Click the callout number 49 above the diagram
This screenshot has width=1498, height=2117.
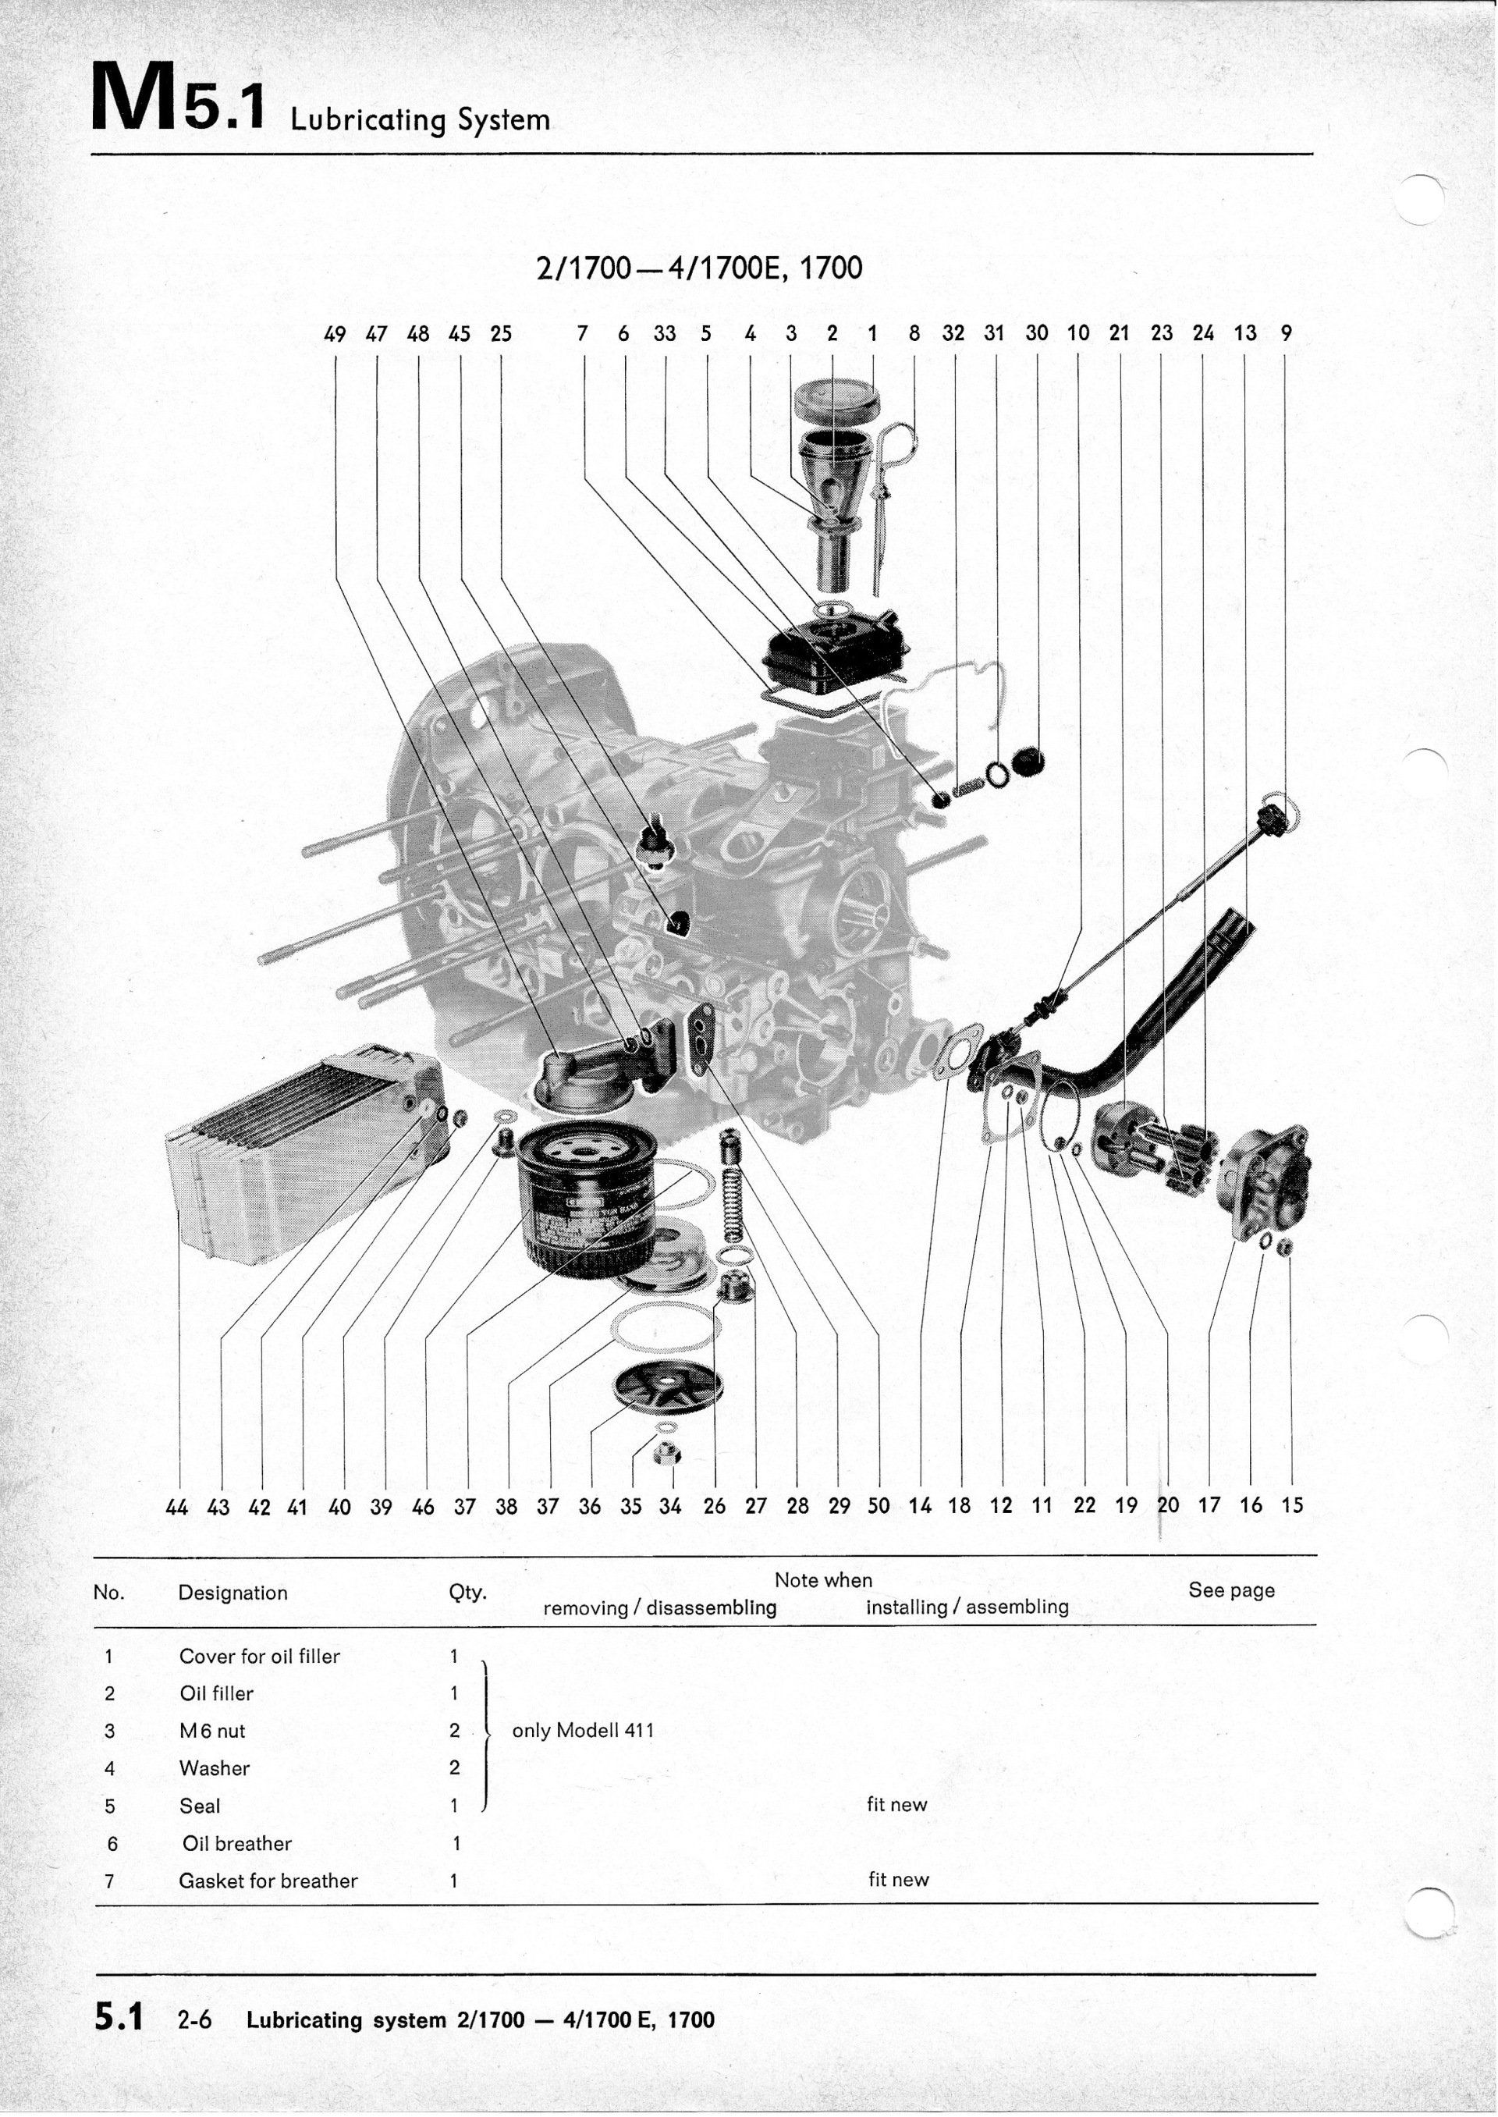(x=335, y=334)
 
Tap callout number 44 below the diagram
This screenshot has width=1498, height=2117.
(x=176, y=1508)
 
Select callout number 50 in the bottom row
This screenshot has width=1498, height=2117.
(x=879, y=1506)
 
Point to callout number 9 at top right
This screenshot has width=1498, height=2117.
(x=1286, y=333)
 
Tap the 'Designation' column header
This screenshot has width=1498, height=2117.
(x=233, y=1593)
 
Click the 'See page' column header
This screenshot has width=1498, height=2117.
(x=1231, y=1590)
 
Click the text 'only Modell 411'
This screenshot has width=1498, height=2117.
(x=583, y=1731)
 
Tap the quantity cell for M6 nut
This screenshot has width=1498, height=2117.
(x=454, y=1731)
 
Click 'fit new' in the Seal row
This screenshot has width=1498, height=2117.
(x=896, y=1804)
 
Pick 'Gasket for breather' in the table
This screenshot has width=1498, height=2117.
(x=268, y=1881)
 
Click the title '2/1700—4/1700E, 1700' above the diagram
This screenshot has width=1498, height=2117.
(x=699, y=268)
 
